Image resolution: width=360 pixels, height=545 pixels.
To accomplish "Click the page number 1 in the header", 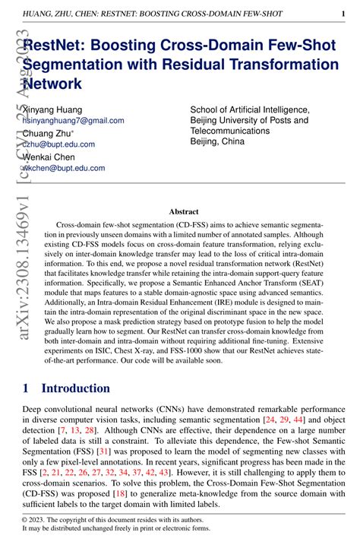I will [343, 14].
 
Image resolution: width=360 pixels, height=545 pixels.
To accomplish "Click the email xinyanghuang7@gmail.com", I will [74, 120].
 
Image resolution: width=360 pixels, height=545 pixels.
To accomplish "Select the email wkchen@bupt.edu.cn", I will [65, 168].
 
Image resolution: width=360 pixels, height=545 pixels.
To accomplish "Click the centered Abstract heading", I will [184, 211].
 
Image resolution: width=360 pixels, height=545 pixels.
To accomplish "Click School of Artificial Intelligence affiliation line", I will [249, 109].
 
